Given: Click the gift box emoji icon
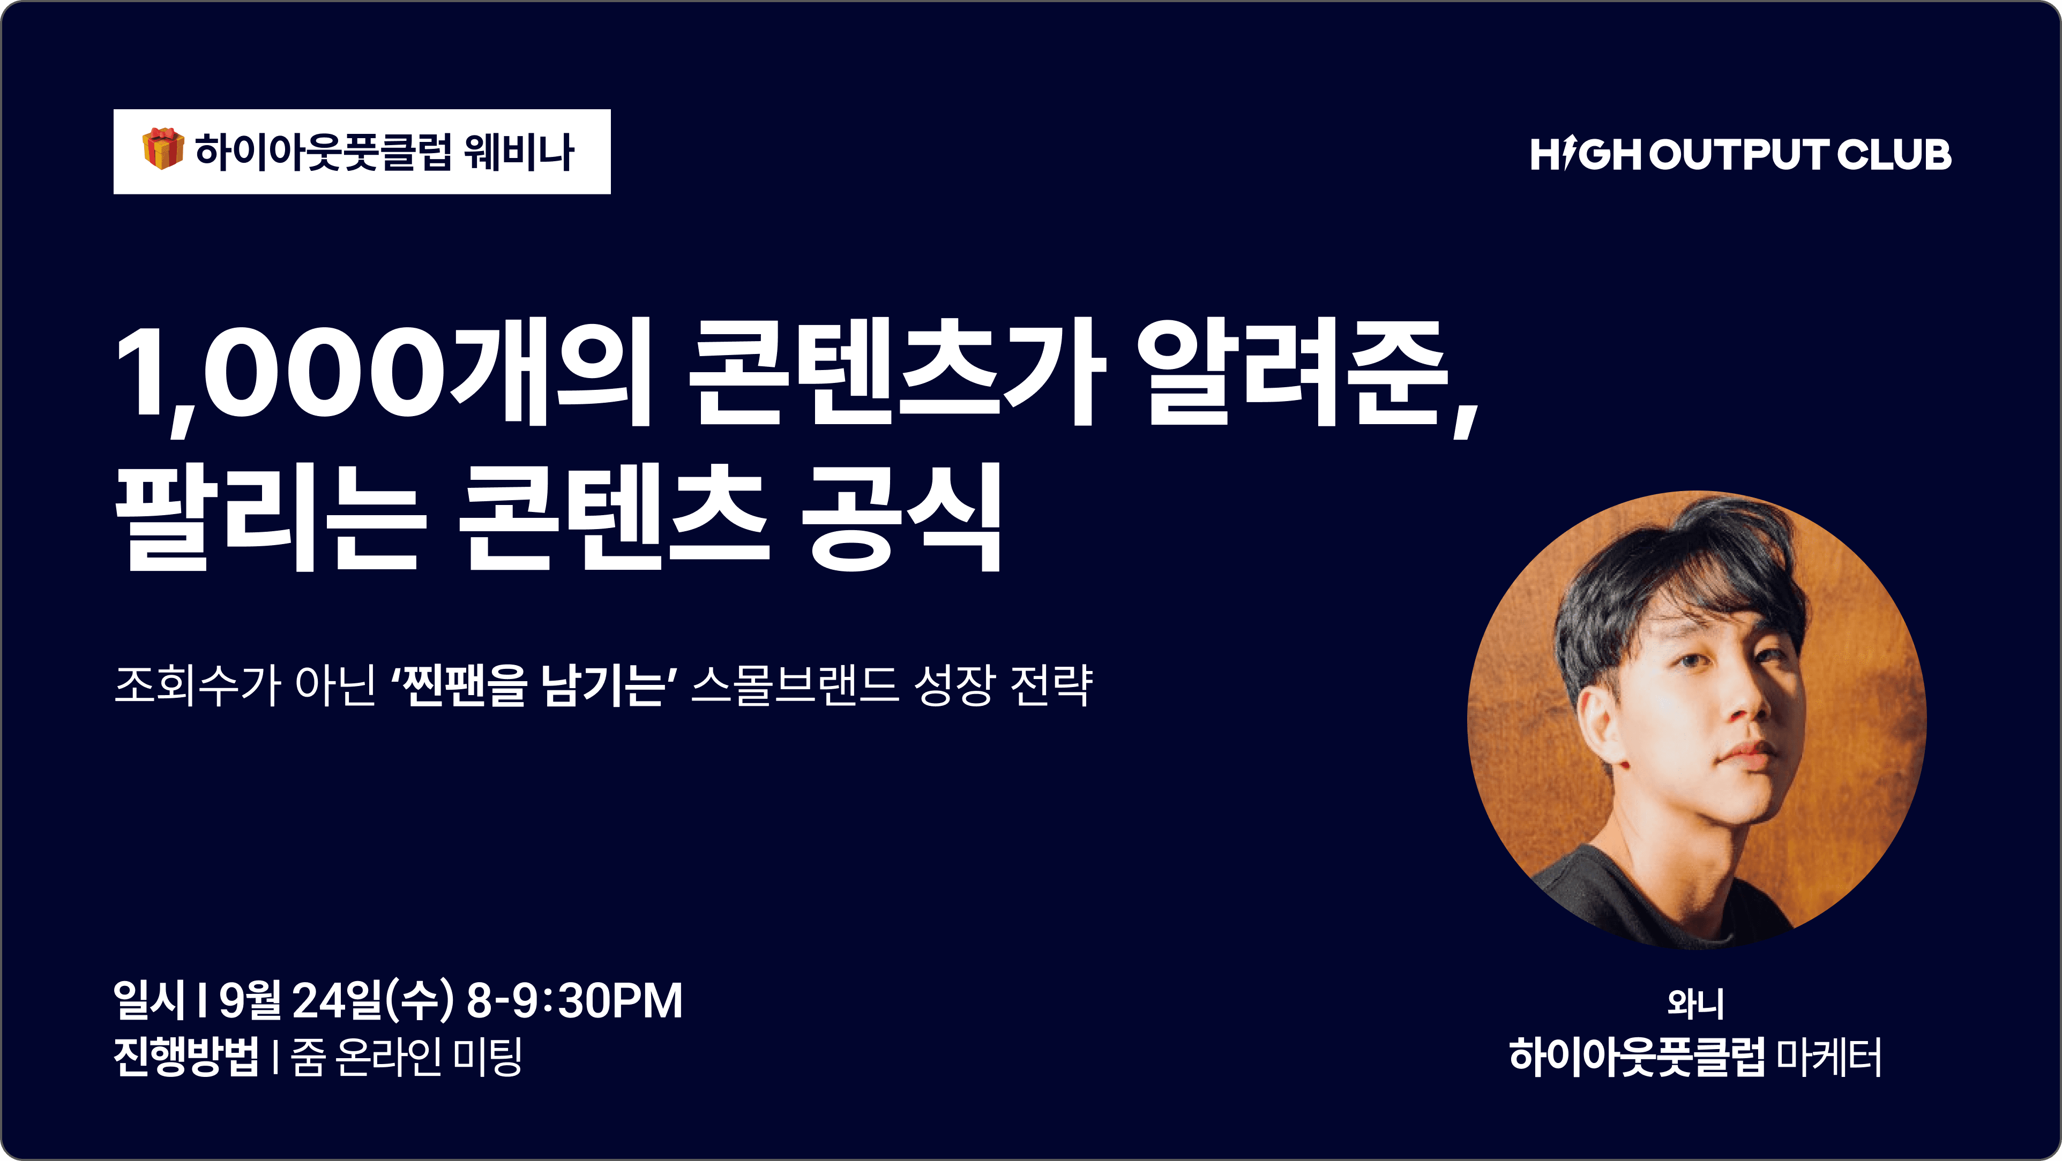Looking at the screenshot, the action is (x=163, y=149).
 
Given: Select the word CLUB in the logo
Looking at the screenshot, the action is (x=1894, y=154).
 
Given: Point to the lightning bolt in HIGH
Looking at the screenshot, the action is (x=1567, y=154).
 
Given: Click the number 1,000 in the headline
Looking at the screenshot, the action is (x=281, y=376).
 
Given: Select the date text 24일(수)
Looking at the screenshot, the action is (x=373, y=1000).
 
